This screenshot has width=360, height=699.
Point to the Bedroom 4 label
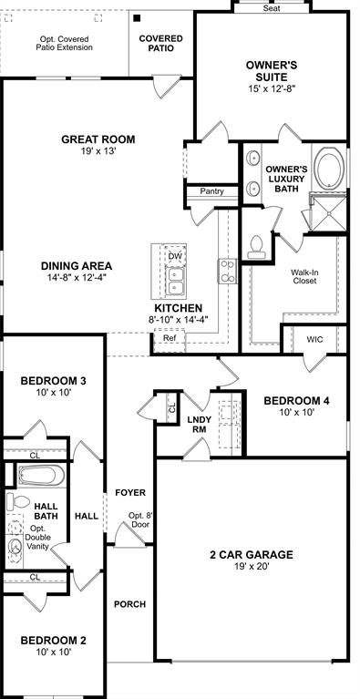point(296,401)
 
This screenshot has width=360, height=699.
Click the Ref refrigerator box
point(169,338)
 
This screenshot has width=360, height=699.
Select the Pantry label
point(211,191)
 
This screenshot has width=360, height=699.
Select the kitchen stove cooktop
point(226,270)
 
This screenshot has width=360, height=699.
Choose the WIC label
point(314,339)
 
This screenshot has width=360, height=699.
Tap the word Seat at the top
point(272,7)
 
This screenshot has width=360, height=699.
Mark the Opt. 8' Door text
point(138,520)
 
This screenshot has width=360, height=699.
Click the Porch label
point(130,604)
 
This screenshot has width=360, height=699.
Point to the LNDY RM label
point(200,425)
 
